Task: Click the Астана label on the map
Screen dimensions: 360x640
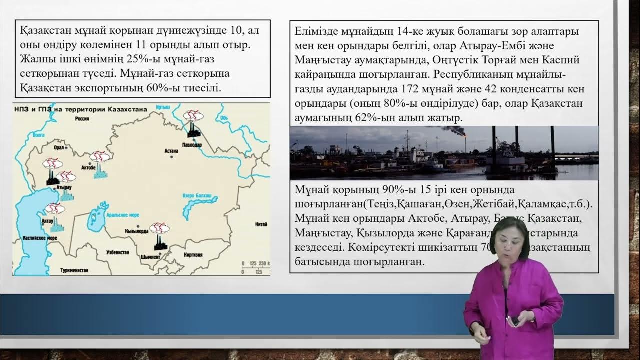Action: pos(171,150)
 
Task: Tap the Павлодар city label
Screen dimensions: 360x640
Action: pos(192,145)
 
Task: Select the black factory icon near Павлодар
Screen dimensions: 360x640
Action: pos(193,131)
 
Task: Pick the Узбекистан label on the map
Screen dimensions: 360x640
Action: pos(118,253)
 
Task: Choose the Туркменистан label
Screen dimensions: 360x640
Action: pos(74,270)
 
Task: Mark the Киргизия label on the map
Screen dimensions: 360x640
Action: pos(193,254)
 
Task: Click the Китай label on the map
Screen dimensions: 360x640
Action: pos(260,224)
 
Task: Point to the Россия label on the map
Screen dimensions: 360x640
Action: pos(82,119)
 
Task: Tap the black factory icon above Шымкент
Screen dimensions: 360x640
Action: pos(160,242)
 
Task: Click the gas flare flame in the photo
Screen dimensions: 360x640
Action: pos(465,134)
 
